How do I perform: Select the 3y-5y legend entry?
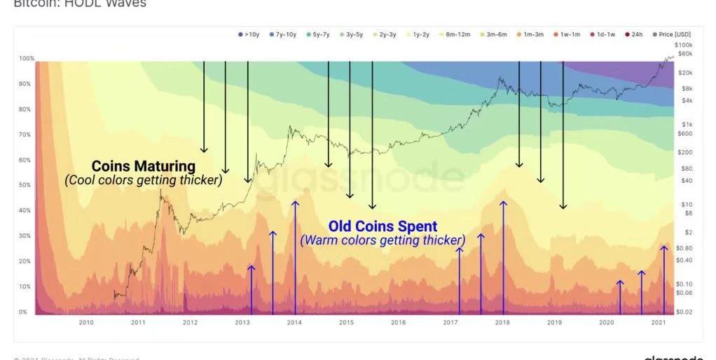tap(352, 34)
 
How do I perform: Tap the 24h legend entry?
tap(633, 34)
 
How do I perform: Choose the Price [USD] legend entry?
tap(671, 34)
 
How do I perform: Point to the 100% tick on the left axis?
tap(25, 58)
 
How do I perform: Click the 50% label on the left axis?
tap(25, 185)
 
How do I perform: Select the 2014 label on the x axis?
tap(294, 323)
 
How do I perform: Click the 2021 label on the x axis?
tap(659, 323)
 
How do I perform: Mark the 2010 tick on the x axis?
tap(86, 323)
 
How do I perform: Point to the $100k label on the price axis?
tap(683, 44)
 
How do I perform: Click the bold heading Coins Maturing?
tap(144, 167)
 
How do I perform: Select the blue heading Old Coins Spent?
tap(383, 227)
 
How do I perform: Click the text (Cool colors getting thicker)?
tap(144, 180)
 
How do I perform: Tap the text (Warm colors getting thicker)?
tap(383, 240)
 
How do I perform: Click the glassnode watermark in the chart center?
tap(392, 179)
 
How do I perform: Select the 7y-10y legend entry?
tap(283, 34)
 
